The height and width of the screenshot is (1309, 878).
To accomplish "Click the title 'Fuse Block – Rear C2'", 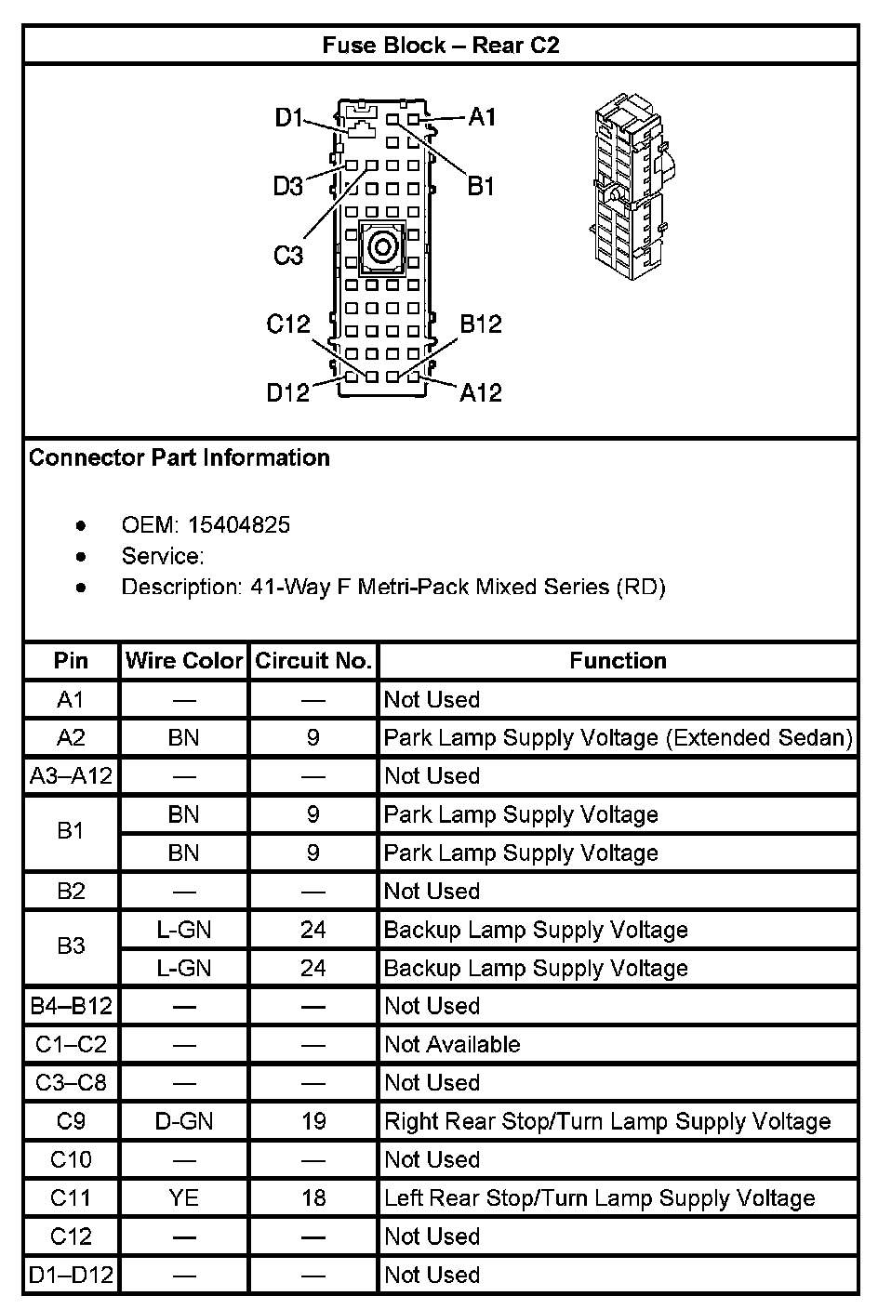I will (x=440, y=45).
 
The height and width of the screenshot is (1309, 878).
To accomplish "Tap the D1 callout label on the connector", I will (x=289, y=117).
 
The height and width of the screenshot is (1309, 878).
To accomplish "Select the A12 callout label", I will (x=481, y=392).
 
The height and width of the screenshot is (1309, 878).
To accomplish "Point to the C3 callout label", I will (x=288, y=255).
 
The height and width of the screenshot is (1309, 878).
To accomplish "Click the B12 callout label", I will (x=481, y=324).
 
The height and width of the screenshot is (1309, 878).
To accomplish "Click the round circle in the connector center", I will (x=382, y=247).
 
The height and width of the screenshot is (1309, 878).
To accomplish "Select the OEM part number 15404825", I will (x=239, y=525).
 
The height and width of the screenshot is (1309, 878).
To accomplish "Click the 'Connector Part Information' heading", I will (x=180, y=457).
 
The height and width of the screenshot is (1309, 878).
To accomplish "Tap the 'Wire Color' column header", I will (x=184, y=661).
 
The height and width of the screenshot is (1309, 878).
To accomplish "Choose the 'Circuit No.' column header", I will (x=313, y=661).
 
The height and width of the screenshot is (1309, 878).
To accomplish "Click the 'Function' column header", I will (x=618, y=661).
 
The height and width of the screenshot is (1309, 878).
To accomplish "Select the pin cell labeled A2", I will (x=71, y=737).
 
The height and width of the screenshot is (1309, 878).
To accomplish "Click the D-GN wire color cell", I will (x=184, y=1121).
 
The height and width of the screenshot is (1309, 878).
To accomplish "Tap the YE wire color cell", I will (x=184, y=1197).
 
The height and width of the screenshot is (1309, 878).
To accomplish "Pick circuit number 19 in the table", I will (x=313, y=1121).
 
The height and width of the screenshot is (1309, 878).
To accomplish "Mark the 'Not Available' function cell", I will (x=452, y=1044).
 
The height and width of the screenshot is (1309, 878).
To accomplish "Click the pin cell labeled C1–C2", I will (x=71, y=1044).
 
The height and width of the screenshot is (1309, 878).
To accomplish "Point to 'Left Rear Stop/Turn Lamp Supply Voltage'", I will (x=599, y=1197).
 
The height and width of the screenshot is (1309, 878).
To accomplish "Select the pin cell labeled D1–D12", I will (x=71, y=1275).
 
